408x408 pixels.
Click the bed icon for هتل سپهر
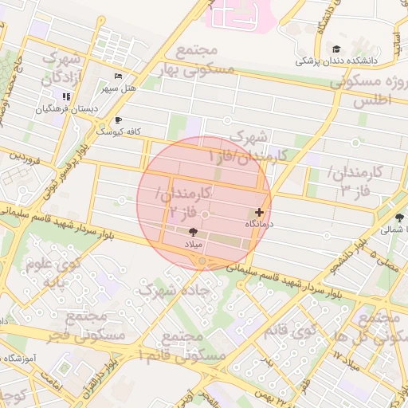[x=118, y=76]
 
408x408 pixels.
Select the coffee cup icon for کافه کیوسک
[x=118, y=120]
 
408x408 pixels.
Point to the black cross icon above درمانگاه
[x=259, y=213]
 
